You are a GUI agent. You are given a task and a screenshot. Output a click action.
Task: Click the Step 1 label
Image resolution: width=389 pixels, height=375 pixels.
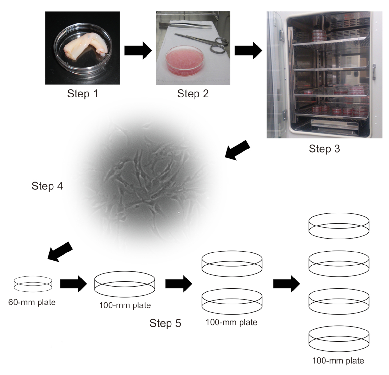pyautogui.click(x=82, y=94)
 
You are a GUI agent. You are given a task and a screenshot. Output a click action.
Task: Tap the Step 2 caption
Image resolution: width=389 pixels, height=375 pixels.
pyautogui.click(x=193, y=94)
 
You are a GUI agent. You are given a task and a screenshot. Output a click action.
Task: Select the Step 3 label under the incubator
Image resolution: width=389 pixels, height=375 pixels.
pyautogui.click(x=324, y=149)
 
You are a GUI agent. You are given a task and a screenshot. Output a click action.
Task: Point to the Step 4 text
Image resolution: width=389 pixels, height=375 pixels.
pyautogui.click(x=47, y=186)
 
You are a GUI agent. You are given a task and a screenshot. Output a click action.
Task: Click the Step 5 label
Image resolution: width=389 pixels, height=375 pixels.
pyautogui.click(x=165, y=323)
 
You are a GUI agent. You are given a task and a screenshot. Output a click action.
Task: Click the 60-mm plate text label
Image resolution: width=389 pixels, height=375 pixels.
pyautogui.click(x=32, y=302)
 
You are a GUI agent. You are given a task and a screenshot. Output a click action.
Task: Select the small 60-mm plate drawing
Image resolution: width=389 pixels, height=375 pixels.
pyautogui.click(x=33, y=283)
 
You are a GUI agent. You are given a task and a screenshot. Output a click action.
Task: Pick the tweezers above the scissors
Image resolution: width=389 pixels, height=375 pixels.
pyautogui.click(x=185, y=25)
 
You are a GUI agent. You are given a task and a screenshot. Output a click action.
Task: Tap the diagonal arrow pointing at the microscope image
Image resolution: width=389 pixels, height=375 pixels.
pyautogui.click(x=237, y=149)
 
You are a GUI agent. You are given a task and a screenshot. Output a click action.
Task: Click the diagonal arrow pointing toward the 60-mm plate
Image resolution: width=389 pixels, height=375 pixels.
pyautogui.click(x=60, y=251)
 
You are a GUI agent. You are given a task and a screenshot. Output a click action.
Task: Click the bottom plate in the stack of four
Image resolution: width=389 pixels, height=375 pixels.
pyautogui.click(x=339, y=339)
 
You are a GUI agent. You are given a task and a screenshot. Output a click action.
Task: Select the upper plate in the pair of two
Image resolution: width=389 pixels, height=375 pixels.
pyautogui.click(x=232, y=263)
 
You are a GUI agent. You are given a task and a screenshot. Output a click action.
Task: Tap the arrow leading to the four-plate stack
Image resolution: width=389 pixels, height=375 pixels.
pyautogui.click(x=286, y=284)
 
